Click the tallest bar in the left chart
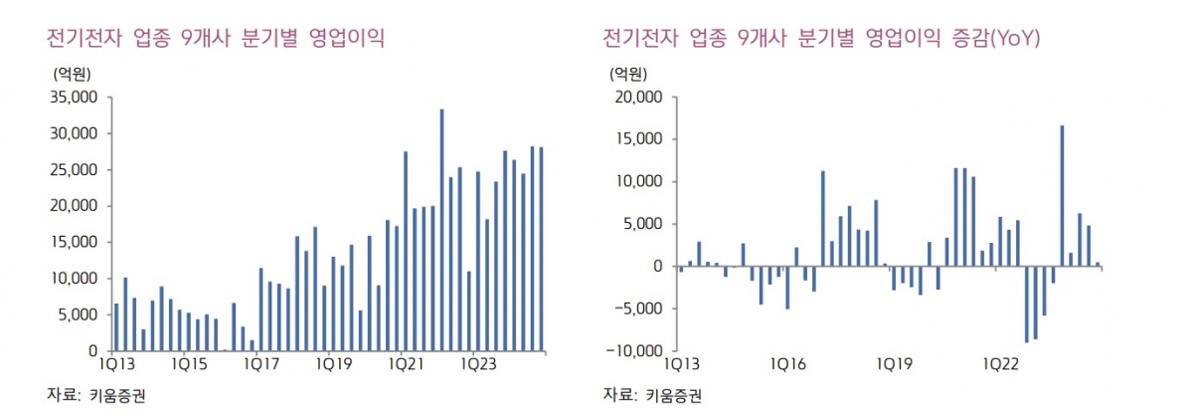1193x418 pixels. pos(441,230)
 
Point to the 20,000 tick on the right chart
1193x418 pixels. pos(637,98)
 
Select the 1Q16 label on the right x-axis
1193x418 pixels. pos(786,364)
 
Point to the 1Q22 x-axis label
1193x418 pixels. pos(1000,364)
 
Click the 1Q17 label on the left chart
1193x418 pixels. pos(260,364)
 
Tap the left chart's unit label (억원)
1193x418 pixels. pos(69,73)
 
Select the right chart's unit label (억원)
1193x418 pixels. pos(625,73)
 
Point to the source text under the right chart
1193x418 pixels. pos(652,395)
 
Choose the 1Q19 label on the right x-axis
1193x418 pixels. pos(894,364)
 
